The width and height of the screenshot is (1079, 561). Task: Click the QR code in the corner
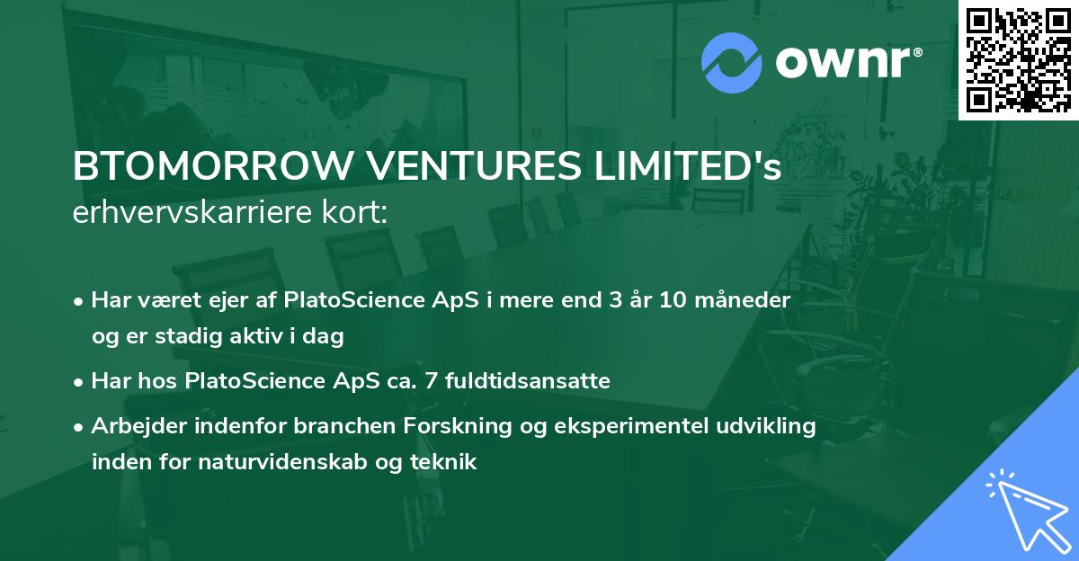pyautogui.click(x=1018, y=59)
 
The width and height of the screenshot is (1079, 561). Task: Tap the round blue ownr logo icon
pyautogui.click(x=732, y=62)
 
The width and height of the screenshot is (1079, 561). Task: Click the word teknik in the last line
pyautogui.click(x=447, y=462)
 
